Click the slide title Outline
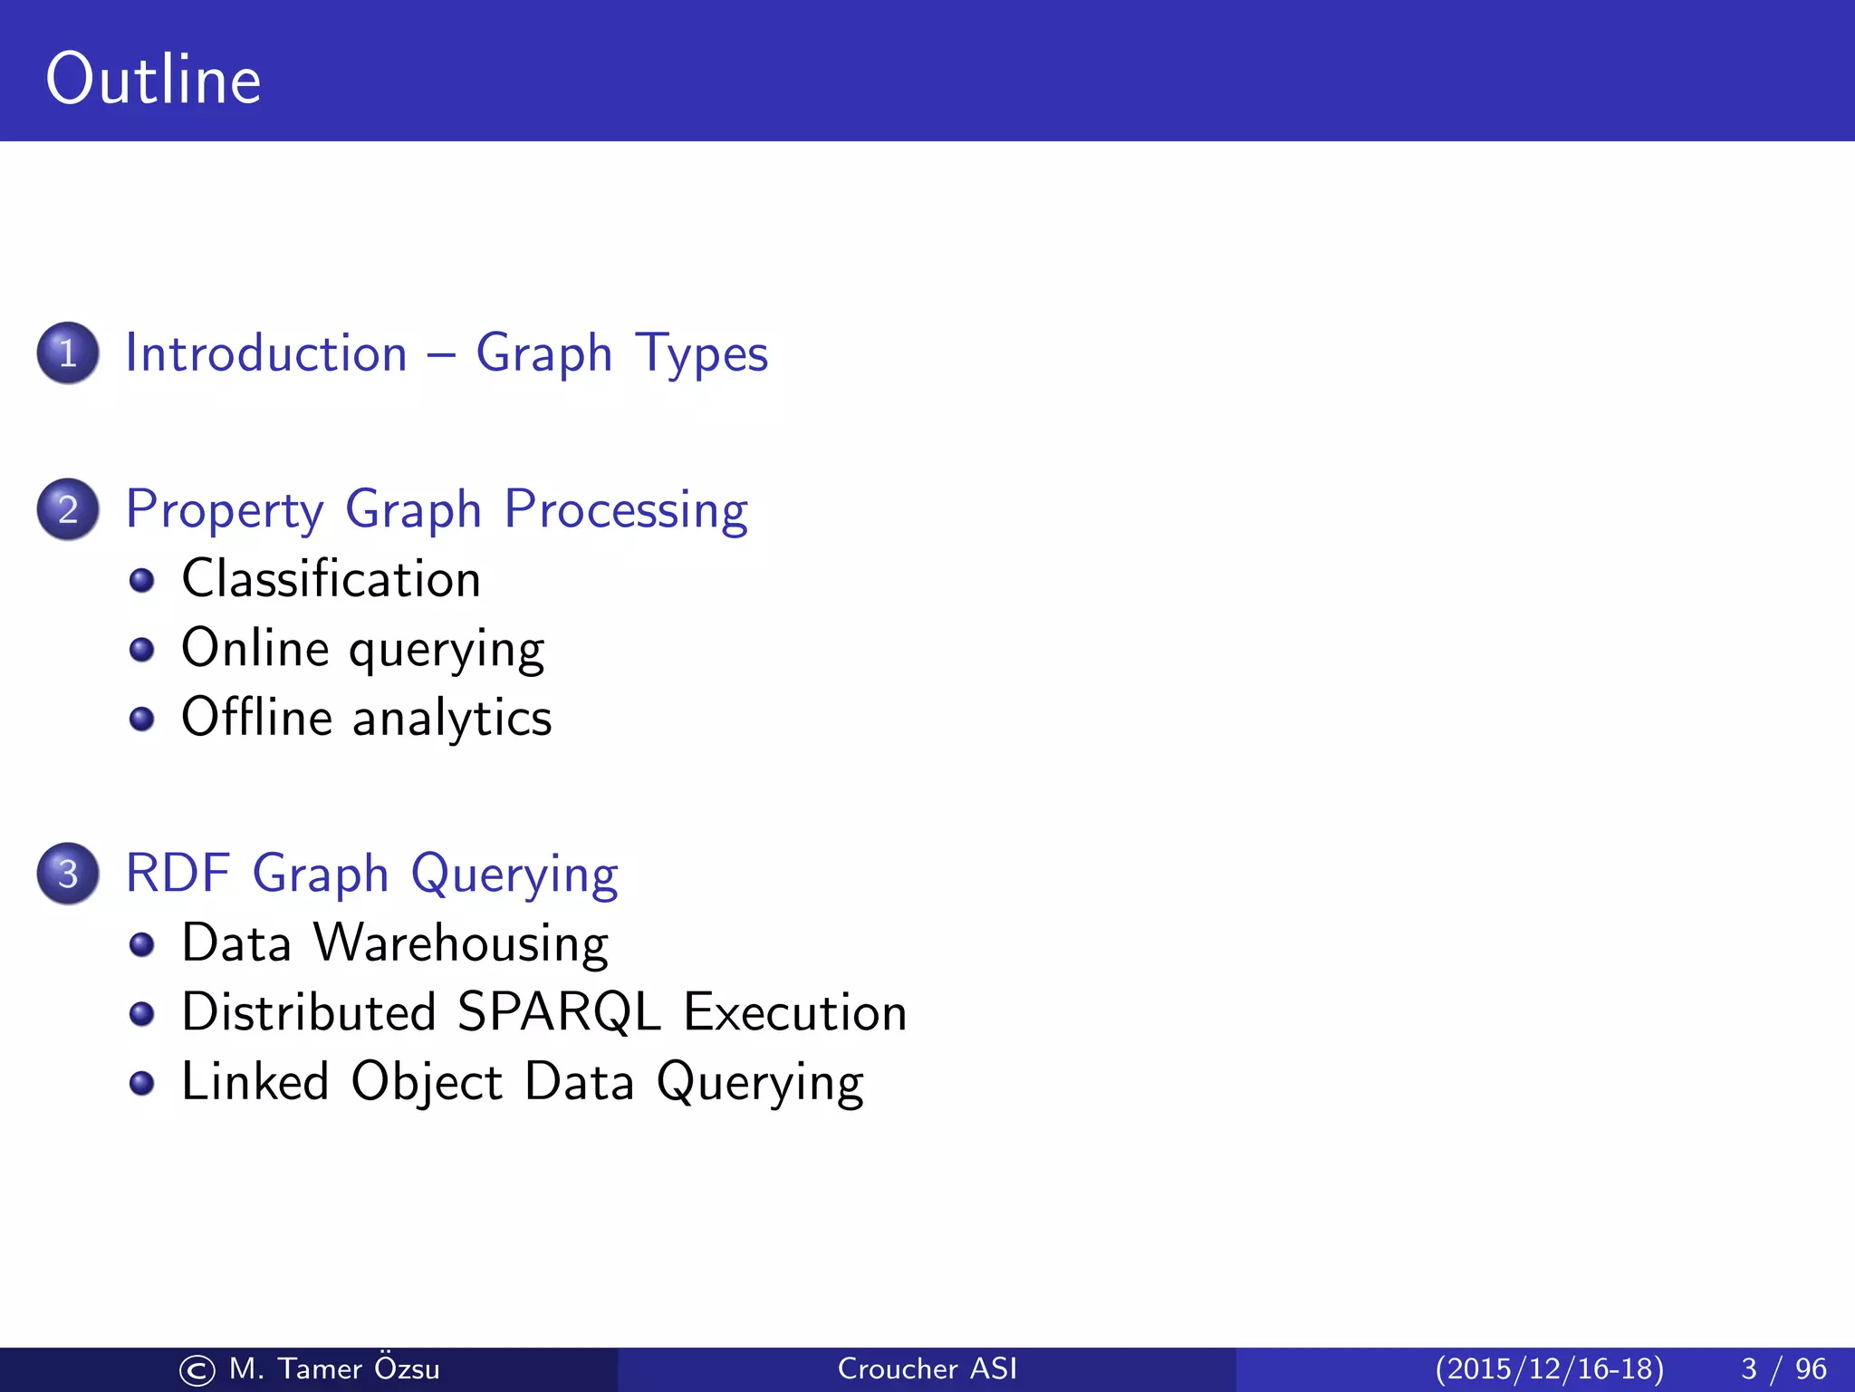(153, 80)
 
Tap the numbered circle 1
(68, 353)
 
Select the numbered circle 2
(68, 509)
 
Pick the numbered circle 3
(68, 874)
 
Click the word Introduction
(266, 353)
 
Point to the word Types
(701, 354)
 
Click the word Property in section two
(224, 510)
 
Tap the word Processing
(626, 510)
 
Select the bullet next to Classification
(141, 580)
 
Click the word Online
(255, 648)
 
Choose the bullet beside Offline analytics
(141, 719)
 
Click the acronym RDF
(178, 874)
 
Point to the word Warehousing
(461, 943)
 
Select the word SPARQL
(559, 1012)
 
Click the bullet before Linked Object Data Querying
(141, 1083)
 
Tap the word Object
(426, 1083)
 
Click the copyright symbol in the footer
(197, 1370)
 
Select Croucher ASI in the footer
(927, 1368)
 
